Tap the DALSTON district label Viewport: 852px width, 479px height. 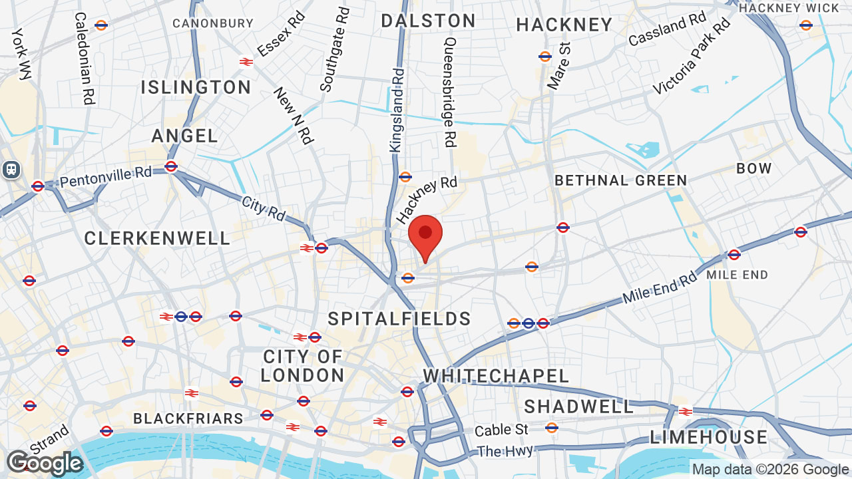[x=428, y=21]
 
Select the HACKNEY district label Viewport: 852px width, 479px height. [x=564, y=25]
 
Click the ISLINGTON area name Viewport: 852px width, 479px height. [x=196, y=87]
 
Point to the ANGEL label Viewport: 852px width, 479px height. [x=185, y=136]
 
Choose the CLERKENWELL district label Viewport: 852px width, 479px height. [x=157, y=238]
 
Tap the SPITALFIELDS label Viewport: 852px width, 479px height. [x=399, y=319]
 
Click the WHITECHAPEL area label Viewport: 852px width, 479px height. [x=496, y=376]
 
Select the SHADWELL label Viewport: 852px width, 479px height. [x=579, y=406]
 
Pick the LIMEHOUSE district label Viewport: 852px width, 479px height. [x=709, y=437]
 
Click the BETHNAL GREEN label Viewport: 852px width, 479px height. [x=620, y=180]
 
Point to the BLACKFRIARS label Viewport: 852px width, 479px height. [x=188, y=418]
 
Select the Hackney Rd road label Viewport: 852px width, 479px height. [x=427, y=200]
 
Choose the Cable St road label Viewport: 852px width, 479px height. [x=501, y=430]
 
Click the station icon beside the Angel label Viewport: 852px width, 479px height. [x=171, y=166]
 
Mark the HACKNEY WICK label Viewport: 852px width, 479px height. [x=789, y=8]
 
